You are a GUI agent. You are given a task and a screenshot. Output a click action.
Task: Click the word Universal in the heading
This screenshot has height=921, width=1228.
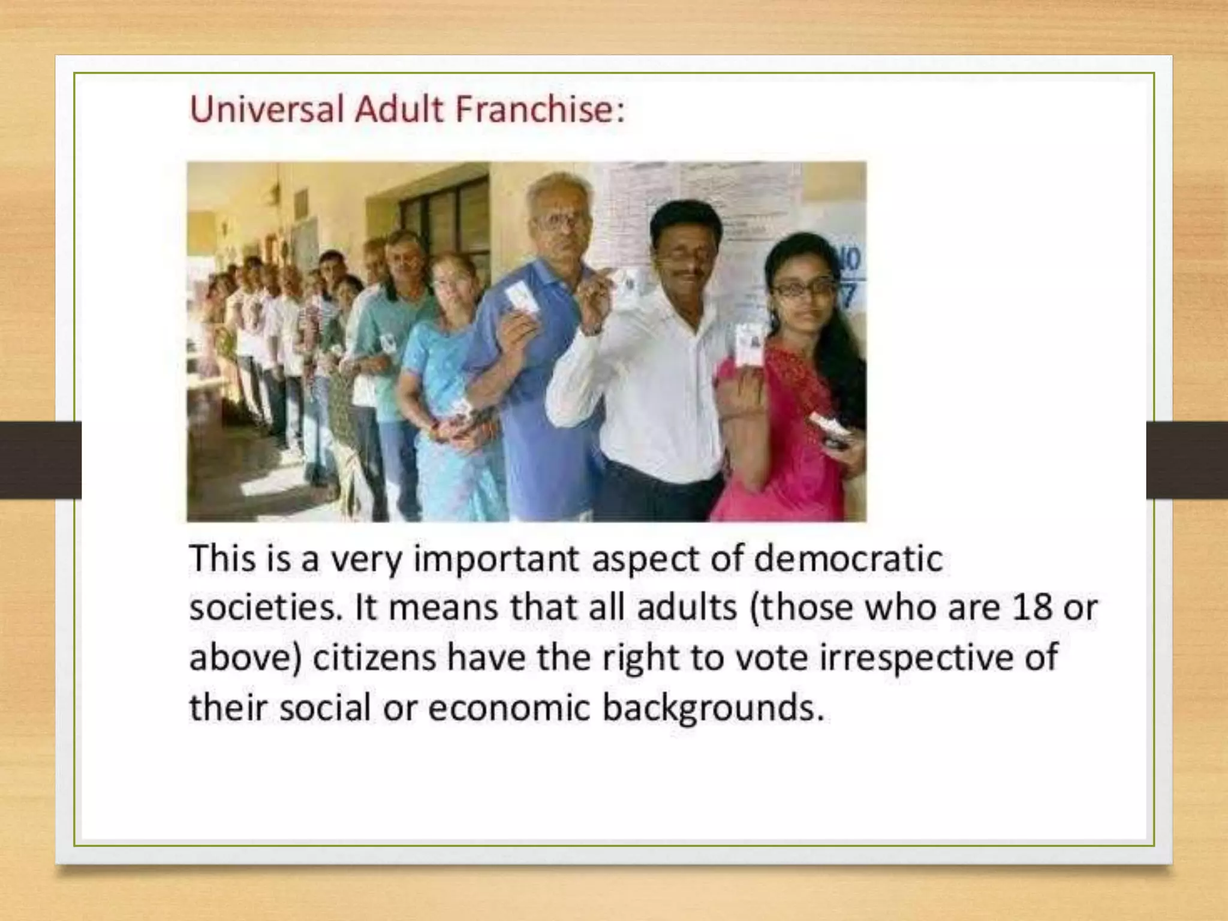pyautogui.click(x=267, y=110)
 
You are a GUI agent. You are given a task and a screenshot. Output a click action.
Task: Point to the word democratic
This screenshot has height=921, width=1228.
pyautogui.click(x=848, y=559)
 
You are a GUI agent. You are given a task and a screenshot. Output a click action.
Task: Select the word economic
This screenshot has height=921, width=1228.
pyautogui.click(x=510, y=708)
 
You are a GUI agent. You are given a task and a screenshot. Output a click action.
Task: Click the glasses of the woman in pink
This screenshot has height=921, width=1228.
pyautogui.click(x=803, y=288)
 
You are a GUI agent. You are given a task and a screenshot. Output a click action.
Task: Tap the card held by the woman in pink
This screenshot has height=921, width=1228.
pyautogui.click(x=748, y=344)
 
